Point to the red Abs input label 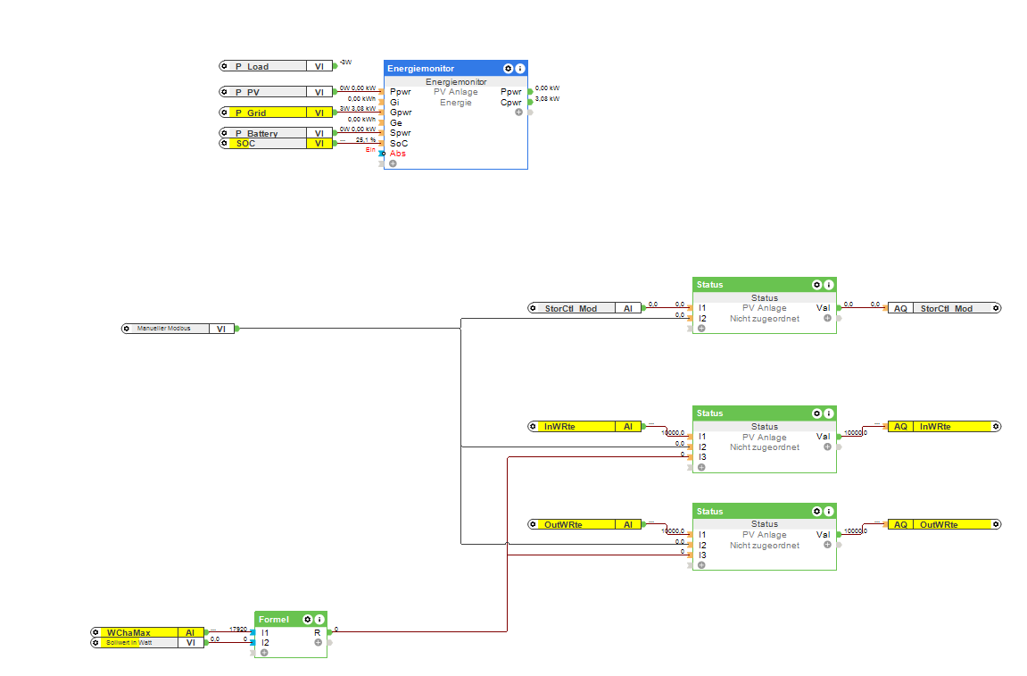click(x=398, y=154)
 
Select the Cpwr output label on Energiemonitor click(x=510, y=102)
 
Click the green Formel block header click(x=277, y=619)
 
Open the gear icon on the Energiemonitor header click(x=508, y=68)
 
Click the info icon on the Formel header click(x=319, y=619)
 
